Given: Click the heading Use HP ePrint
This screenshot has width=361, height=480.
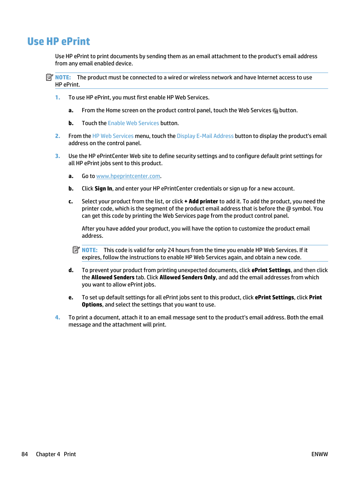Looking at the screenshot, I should [59, 42].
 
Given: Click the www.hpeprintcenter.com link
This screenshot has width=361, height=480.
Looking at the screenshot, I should [128, 176].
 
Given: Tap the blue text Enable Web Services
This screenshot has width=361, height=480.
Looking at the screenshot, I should [133, 123].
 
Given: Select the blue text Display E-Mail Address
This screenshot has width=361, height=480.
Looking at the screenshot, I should [205, 136].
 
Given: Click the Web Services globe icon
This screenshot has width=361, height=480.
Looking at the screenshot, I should [275, 111].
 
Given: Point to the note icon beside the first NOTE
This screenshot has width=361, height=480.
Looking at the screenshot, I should [49, 77].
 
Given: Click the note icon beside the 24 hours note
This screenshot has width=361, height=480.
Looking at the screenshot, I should [76, 250].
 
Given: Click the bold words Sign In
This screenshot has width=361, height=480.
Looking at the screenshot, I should [103, 189].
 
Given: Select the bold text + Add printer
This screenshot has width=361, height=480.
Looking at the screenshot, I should [201, 201].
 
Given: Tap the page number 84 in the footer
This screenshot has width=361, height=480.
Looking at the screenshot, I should [25, 454].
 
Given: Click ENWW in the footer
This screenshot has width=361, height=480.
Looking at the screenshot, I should [319, 454].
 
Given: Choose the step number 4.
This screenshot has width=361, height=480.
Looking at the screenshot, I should [58, 317].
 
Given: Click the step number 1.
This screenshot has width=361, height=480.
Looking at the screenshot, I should [58, 98].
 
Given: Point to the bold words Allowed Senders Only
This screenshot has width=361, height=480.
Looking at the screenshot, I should [187, 277].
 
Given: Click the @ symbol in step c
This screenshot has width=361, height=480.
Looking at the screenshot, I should [288, 209].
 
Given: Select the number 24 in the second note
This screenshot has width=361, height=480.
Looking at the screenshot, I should [171, 250].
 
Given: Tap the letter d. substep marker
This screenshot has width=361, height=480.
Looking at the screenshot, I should [71, 270].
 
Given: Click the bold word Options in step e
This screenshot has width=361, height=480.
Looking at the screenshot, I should [92, 305].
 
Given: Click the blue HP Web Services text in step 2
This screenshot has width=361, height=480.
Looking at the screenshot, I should [113, 136].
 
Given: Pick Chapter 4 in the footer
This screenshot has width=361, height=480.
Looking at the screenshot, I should [48, 454].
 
